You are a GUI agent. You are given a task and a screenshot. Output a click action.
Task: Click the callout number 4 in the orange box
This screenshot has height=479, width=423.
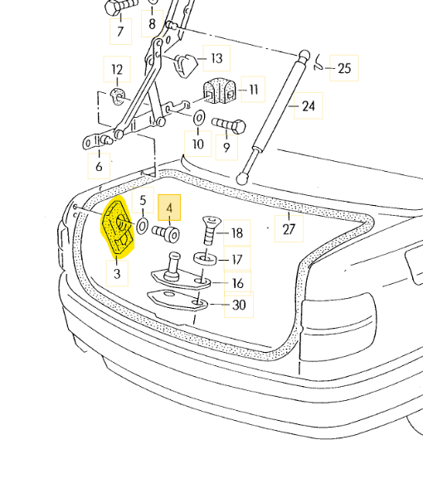coord(169,208)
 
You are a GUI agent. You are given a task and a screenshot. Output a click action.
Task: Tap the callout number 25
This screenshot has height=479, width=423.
coord(344,68)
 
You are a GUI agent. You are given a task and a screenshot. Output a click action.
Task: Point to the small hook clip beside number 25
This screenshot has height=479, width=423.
coord(318,63)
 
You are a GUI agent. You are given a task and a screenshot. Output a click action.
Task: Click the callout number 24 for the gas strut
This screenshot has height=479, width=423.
coord(309,106)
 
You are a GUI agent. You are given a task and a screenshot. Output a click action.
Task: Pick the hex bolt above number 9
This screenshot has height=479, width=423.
coord(229,125)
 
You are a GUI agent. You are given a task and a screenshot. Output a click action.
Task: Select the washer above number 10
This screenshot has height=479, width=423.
coord(199,118)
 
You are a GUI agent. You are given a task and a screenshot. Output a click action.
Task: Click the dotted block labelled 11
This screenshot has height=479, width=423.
coord(219,90)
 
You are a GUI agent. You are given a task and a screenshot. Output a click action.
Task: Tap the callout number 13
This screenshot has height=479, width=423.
coord(216,58)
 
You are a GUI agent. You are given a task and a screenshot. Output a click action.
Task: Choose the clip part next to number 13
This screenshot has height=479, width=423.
coord(186,66)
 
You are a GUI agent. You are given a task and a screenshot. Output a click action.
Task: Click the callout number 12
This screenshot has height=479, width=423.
coord(117,70)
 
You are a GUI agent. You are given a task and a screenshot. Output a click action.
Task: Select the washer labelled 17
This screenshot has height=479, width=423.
coord(205,259)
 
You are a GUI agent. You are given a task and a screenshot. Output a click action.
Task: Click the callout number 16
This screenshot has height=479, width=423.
coord(237,283)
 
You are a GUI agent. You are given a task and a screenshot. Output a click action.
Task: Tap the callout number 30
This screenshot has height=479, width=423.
coord(239,305)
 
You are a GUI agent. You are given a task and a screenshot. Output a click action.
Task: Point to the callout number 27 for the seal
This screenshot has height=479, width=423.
coord(289,229)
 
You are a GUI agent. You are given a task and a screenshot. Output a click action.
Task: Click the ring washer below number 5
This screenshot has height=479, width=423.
coord(142,227)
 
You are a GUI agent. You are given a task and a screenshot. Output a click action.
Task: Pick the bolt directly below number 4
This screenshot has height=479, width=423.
coord(166,234)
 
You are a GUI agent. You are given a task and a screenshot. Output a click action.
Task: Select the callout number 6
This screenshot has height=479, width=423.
coord(99,167)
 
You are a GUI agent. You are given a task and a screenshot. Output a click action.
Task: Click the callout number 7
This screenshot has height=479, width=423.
coord(120,32)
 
